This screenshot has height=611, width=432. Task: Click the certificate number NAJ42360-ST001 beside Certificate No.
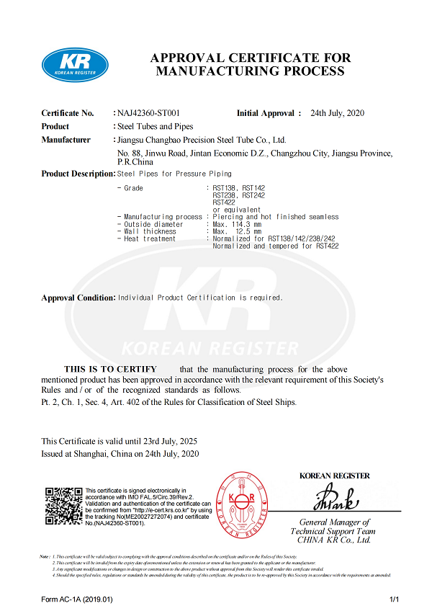point(148,113)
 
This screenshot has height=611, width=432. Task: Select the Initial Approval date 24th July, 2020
point(338,113)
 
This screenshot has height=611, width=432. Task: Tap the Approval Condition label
point(78,298)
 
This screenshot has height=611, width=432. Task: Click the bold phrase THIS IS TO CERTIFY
point(110,369)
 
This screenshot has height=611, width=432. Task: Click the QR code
point(63,506)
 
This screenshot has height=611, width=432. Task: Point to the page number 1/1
point(394,599)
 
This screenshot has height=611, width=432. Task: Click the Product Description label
point(78,174)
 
